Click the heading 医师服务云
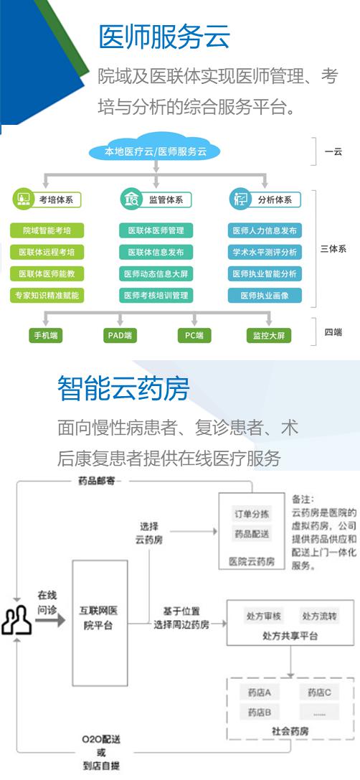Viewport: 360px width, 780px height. tap(165, 37)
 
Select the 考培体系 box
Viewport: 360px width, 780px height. tap(56, 200)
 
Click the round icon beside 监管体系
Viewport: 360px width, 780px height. tap(131, 199)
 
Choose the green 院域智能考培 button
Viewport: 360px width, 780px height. tap(47, 231)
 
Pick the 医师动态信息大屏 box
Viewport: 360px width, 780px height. tap(156, 273)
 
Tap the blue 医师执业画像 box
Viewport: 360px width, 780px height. tap(265, 296)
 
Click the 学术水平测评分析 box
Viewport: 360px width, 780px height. tap(265, 252)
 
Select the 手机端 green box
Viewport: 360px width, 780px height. tap(46, 335)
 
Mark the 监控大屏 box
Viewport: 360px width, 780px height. tap(268, 335)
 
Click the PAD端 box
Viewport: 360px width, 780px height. tap(120, 335)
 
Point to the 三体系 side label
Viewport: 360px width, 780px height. tap(333, 249)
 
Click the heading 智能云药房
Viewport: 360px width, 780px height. tap(123, 388)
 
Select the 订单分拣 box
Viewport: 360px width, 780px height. tap(252, 514)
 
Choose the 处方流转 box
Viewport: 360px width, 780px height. tap(319, 616)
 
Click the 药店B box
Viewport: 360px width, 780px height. tap(259, 713)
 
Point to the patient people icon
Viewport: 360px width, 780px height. tap(16, 620)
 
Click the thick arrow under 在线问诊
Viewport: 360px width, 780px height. tap(53, 620)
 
